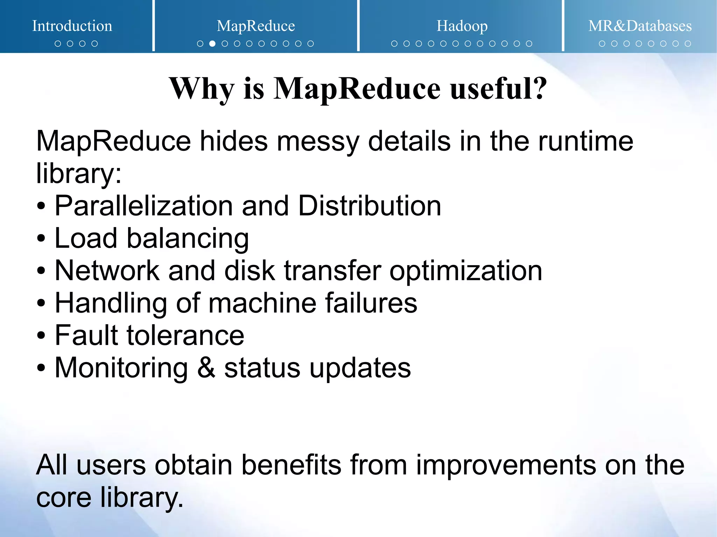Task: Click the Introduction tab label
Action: coord(72,26)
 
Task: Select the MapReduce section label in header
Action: coord(256,26)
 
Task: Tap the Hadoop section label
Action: coord(462,26)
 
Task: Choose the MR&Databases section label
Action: coord(640,26)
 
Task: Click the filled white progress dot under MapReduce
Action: coord(212,44)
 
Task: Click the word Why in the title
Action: coord(201,89)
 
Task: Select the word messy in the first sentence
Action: coord(318,141)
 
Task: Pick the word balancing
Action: coord(188,239)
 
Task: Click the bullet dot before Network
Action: coord(41,271)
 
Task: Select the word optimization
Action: coord(466,271)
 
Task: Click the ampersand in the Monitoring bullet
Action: coord(206,368)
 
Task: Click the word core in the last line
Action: coord(64,497)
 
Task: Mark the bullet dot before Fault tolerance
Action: coord(41,336)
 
